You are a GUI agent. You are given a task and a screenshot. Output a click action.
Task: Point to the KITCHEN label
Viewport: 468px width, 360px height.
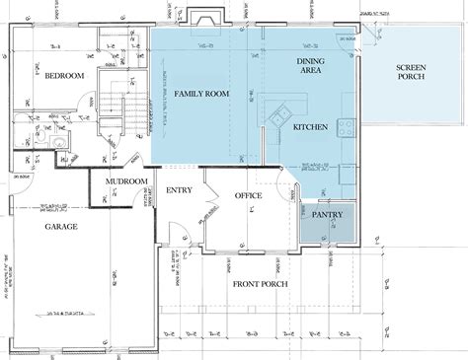click(310, 128)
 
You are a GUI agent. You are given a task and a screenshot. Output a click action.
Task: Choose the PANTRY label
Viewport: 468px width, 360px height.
click(327, 213)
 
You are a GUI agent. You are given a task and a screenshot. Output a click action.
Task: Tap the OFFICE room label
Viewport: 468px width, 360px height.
click(248, 197)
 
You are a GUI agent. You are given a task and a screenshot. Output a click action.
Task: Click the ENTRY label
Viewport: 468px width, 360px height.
click(179, 190)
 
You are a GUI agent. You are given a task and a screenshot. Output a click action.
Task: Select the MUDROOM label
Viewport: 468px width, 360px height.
click(128, 182)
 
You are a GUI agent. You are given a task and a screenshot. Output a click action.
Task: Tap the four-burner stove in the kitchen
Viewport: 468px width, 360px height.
click(346, 126)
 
